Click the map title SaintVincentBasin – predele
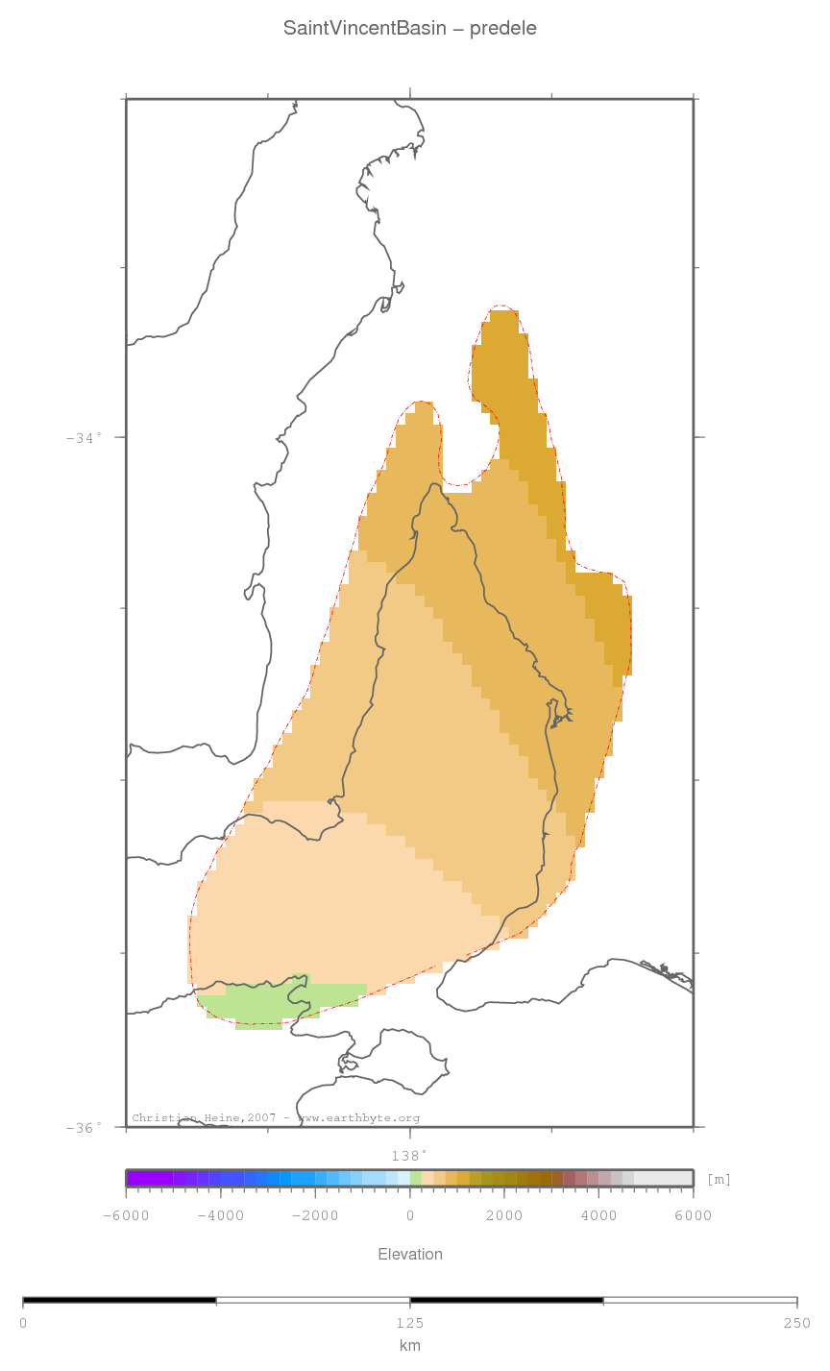(x=410, y=29)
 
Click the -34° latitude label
(x=85, y=438)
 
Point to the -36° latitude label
(x=85, y=1128)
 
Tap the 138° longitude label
(x=409, y=1155)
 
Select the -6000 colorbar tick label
(x=126, y=1215)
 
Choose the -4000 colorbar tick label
(x=220, y=1215)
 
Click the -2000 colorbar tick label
(x=315, y=1215)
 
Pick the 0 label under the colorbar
(x=410, y=1215)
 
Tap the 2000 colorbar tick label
(x=504, y=1215)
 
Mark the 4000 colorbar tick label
(x=598, y=1215)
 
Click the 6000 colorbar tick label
(x=693, y=1215)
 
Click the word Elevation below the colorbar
(x=410, y=1254)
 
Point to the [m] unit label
(x=719, y=1179)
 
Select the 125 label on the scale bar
(x=410, y=1323)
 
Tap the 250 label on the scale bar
(x=796, y=1323)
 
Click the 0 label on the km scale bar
(x=23, y=1323)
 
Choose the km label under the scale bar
(x=410, y=1345)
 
